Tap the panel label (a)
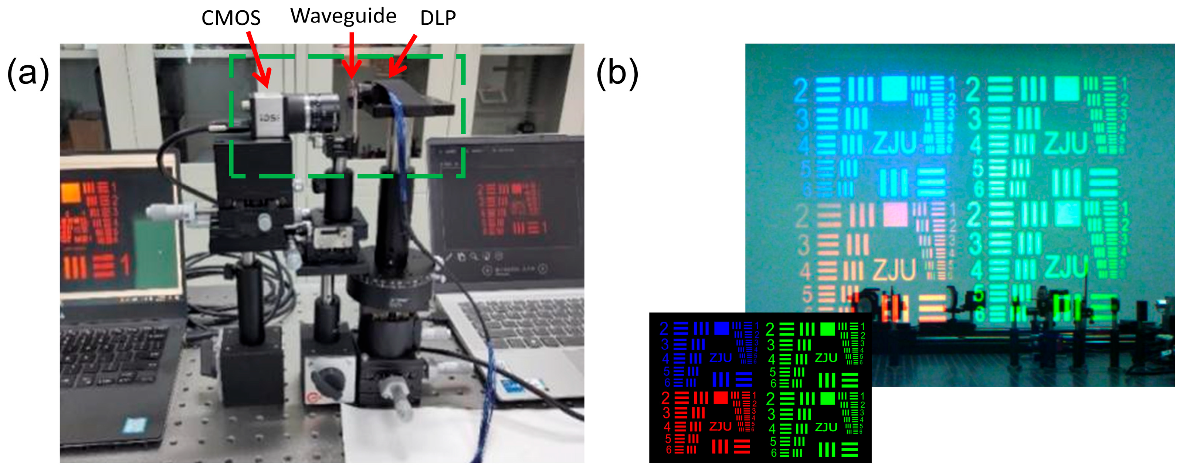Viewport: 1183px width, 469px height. [x=28, y=73]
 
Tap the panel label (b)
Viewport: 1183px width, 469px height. [x=617, y=73]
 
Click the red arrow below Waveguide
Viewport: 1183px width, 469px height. [x=352, y=55]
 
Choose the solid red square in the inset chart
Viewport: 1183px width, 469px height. [x=721, y=397]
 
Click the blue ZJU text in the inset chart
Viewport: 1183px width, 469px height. [x=720, y=358]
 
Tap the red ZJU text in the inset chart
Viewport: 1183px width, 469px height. [x=720, y=427]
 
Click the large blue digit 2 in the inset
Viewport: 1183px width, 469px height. [x=664, y=329]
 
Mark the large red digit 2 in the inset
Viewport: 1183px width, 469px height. [x=665, y=398]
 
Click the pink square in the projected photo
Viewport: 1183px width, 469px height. [x=895, y=214]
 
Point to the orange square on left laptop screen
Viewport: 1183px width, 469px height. [x=71, y=193]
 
